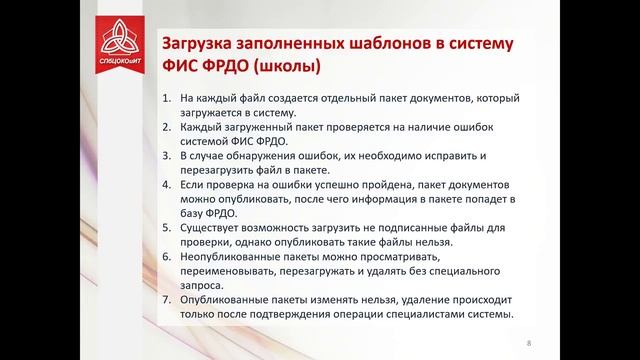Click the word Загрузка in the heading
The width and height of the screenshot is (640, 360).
tap(194, 45)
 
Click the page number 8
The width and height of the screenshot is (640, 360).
tap(528, 344)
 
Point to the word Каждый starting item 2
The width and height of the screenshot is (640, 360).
tap(203, 130)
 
